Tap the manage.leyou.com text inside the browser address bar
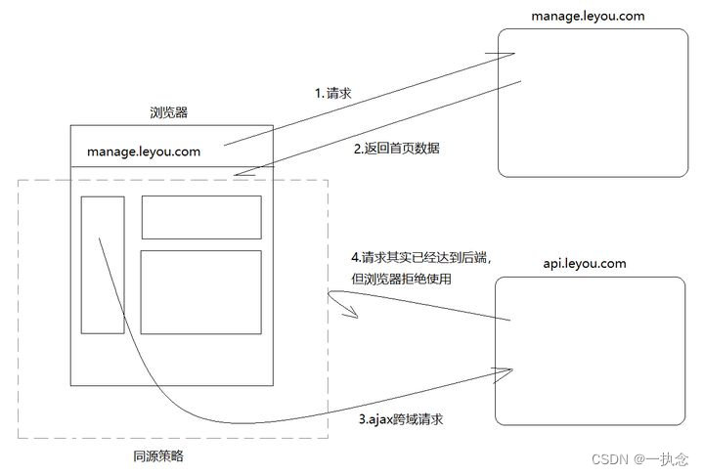coord(144,151)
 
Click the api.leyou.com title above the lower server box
coord(584,264)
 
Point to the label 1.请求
coord(332,94)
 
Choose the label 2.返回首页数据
coord(396,149)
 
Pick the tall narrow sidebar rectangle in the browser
coord(103,265)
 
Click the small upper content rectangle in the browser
coord(201,217)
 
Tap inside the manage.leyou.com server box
coord(593,102)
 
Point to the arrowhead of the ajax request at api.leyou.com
coord(509,370)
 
